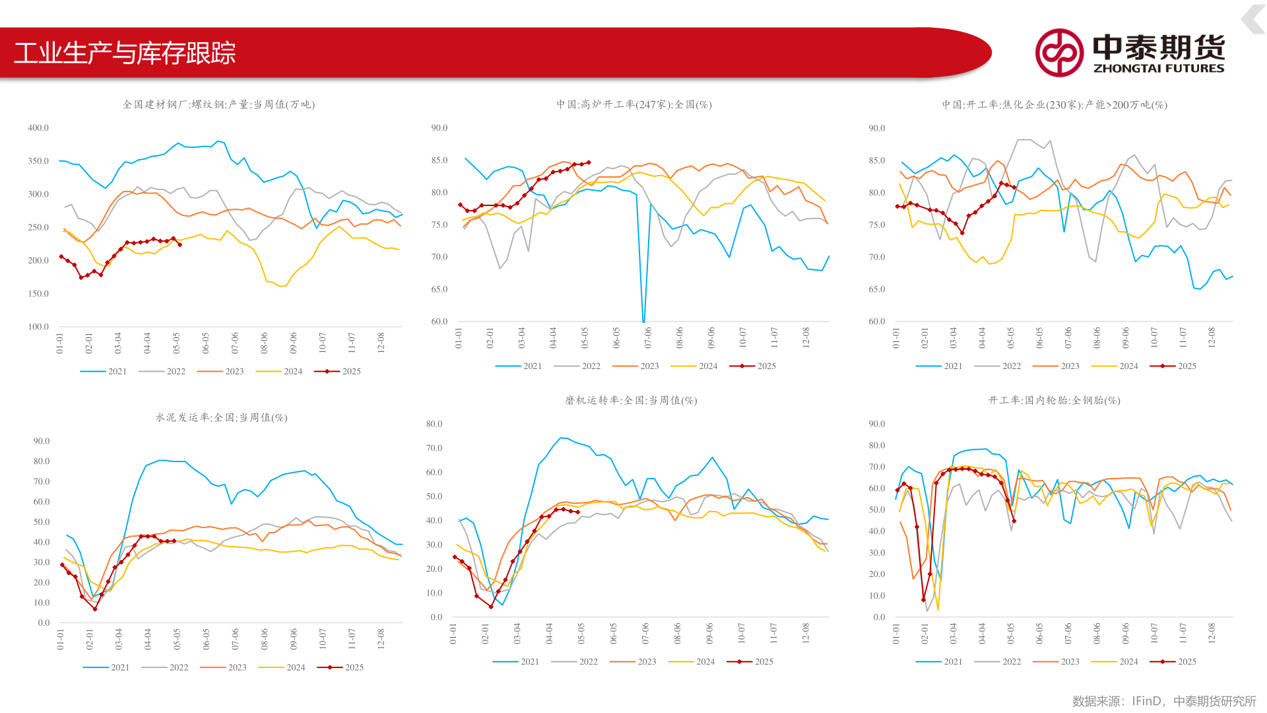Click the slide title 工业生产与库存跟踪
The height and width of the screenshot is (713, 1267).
pos(125,53)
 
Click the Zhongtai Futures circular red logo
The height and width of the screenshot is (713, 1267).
pos(1058,53)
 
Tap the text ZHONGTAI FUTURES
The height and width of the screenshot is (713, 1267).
pos(1159,68)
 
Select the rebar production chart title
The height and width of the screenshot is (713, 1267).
pos(218,104)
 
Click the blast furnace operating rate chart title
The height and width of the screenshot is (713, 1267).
pos(633,104)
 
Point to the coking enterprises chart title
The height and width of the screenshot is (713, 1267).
pos(1054,104)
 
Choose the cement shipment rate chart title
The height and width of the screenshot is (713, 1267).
pos(221,417)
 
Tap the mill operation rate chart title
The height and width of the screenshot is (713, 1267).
pos(631,400)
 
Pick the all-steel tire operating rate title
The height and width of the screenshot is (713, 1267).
pos(1054,400)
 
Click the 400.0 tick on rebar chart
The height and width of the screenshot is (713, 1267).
pos(38,128)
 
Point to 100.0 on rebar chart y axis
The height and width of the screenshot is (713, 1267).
pos(38,327)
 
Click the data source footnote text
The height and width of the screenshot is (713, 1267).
pos(1163,701)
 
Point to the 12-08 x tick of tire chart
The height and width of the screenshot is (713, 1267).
pos(1212,632)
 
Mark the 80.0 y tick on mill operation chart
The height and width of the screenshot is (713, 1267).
pos(434,424)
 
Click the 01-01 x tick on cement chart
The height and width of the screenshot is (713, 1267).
pos(61,639)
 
